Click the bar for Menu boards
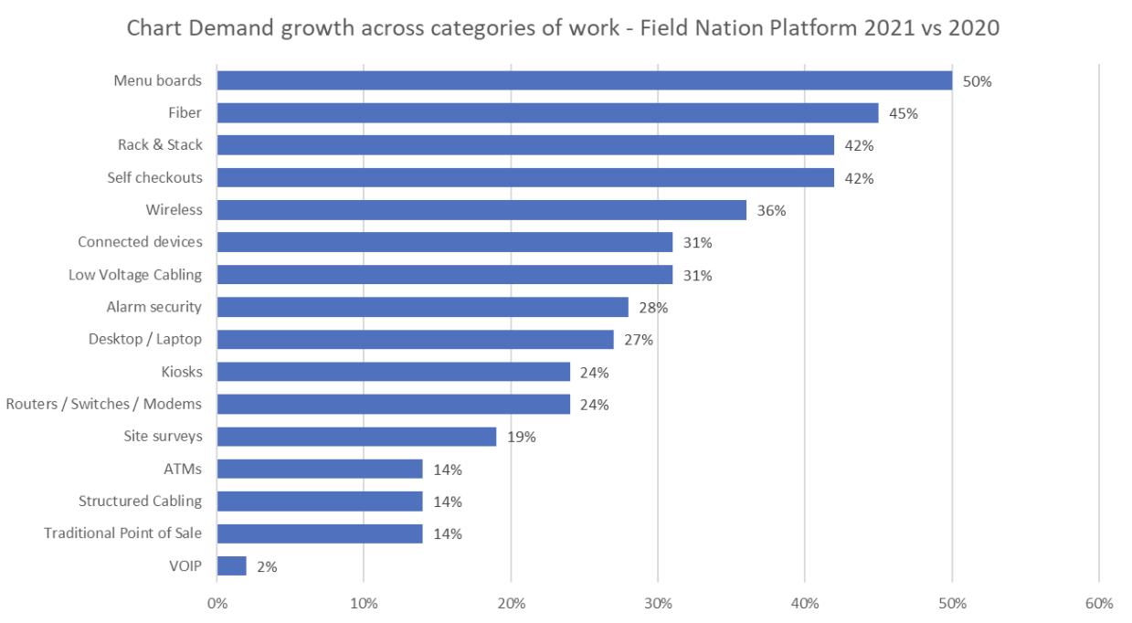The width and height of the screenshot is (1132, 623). (x=584, y=80)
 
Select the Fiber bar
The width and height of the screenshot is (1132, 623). (x=547, y=113)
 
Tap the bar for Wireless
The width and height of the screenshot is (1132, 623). (x=481, y=210)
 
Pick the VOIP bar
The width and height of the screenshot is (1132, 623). (x=231, y=566)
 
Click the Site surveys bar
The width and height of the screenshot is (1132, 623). (x=356, y=437)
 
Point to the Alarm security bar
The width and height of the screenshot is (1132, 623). (x=422, y=307)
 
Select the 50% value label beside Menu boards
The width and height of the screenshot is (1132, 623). (x=977, y=81)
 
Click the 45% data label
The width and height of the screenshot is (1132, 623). (x=904, y=114)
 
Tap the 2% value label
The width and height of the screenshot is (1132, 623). (x=267, y=566)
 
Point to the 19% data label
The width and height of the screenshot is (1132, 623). (x=522, y=437)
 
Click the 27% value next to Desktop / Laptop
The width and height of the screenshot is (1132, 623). (x=639, y=340)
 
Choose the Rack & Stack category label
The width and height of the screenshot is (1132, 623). (x=160, y=145)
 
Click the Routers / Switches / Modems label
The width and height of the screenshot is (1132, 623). (x=104, y=404)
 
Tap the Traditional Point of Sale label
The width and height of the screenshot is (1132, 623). (x=123, y=533)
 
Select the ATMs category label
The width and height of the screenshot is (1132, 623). (x=182, y=469)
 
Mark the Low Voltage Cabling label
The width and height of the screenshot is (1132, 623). (x=135, y=275)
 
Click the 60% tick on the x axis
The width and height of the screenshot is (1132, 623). (x=1099, y=604)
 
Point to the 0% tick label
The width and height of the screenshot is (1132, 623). (x=217, y=604)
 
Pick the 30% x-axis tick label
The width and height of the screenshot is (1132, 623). (x=658, y=604)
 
